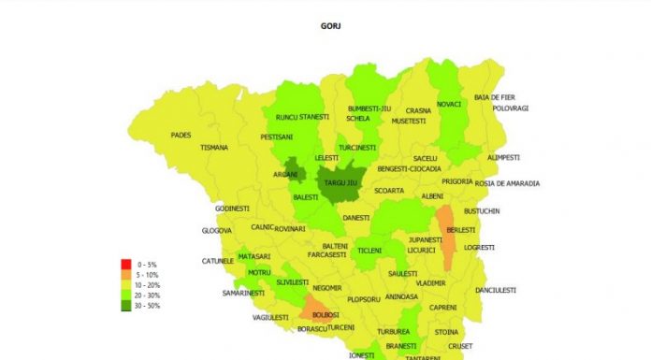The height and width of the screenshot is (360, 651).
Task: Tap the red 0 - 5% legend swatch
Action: (x=126, y=265)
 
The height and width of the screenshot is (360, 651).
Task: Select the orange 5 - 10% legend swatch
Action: (x=126, y=276)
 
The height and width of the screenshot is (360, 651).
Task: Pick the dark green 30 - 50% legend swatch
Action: (x=126, y=306)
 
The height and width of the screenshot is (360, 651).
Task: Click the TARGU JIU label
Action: (x=341, y=183)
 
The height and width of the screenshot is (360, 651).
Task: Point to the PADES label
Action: (x=181, y=135)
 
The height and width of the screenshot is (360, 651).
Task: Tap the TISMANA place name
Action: (x=213, y=147)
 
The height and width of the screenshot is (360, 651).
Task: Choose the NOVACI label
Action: (x=448, y=104)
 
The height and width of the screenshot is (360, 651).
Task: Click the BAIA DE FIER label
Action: (x=495, y=97)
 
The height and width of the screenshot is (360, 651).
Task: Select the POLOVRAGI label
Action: (x=511, y=108)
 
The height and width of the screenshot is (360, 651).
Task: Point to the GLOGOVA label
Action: (x=216, y=231)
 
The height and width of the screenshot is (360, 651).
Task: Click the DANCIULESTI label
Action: (x=495, y=291)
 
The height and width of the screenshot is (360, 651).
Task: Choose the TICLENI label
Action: (x=369, y=251)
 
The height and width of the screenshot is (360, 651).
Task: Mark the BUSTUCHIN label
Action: (x=483, y=211)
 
